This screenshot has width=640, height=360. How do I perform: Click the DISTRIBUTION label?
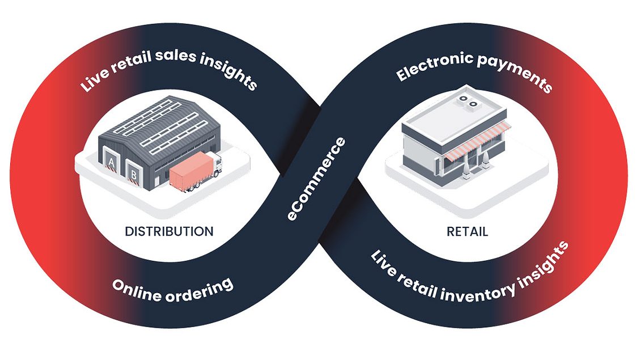[169, 231]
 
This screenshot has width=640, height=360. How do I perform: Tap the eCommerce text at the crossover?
[315, 179]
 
